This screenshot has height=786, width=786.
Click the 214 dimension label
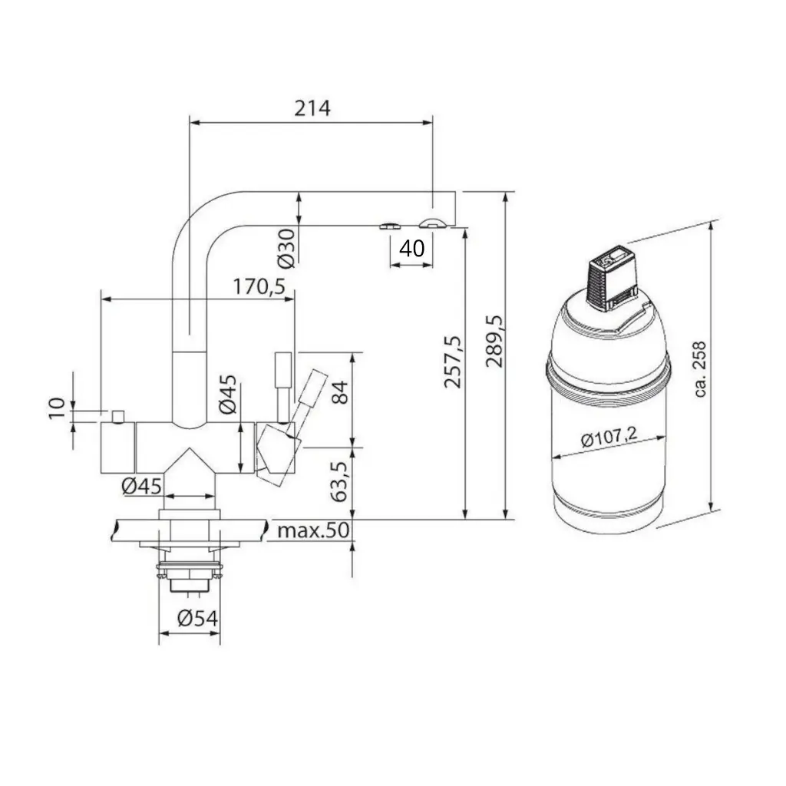312,107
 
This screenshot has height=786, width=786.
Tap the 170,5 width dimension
259,287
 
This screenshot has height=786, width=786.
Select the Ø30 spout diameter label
287,247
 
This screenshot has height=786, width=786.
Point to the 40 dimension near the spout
412,248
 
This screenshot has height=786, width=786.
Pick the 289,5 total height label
494,342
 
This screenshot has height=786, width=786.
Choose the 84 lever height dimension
339,392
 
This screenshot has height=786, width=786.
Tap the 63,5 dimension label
339,482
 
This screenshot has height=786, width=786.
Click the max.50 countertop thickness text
313,530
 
